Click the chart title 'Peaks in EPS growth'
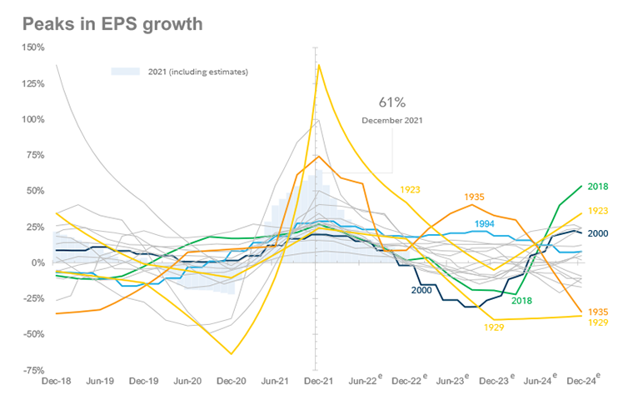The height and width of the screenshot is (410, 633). [x=112, y=23]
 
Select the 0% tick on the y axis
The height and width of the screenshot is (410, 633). [x=37, y=262]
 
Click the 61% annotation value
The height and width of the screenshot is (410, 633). [x=391, y=102]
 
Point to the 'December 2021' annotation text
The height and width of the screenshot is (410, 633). [x=391, y=120]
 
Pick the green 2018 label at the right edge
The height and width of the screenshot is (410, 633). [x=600, y=187]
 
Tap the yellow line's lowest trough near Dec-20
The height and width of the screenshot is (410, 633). [x=231, y=353]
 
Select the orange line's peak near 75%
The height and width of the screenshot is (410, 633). [x=318, y=156]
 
